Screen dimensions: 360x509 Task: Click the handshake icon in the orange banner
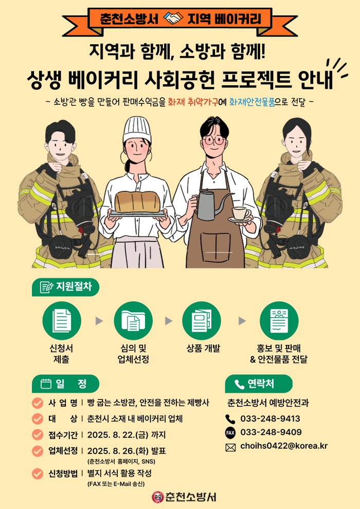click(173, 18)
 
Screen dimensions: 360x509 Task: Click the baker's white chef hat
click(137, 130)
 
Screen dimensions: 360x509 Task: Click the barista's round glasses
click(214, 140)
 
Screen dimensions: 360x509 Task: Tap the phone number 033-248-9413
click(270, 419)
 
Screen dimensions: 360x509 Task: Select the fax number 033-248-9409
click(271, 432)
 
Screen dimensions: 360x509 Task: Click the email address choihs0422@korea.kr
click(284, 446)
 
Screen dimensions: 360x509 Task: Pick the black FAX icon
click(230, 433)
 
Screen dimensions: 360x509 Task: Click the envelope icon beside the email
click(230, 448)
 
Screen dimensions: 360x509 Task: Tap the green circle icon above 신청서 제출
click(62, 320)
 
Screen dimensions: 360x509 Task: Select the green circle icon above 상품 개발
click(201, 320)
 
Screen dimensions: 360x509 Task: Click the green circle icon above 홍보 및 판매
click(279, 320)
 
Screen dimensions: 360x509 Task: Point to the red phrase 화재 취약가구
click(190, 102)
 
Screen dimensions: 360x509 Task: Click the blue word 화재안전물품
click(252, 102)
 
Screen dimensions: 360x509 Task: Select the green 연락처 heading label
click(259, 384)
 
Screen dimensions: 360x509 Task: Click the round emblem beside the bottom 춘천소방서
click(157, 497)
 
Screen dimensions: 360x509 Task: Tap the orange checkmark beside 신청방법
click(38, 474)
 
